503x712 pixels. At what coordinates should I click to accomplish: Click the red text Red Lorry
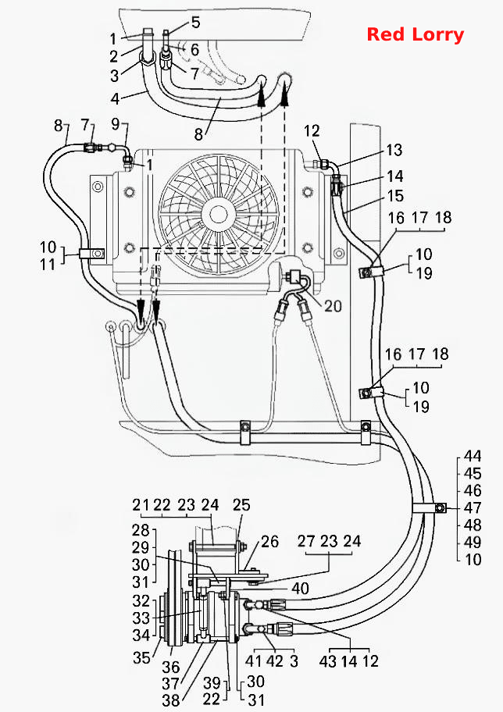[x=416, y=34]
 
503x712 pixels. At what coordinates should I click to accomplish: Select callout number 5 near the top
[x=196, y=22]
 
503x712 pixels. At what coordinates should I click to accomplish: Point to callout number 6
[x=195, y=49]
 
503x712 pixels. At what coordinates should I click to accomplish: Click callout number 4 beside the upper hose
[x=115, y=98]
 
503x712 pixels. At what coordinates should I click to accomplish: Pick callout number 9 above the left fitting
[x=116, y=123]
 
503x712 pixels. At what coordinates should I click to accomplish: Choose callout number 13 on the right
[x=394, y=150]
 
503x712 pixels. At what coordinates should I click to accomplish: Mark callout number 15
[x=395, y=196]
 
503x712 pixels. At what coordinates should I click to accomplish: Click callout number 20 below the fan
[x=333, y=305]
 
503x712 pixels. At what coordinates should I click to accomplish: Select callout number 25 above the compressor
[x=241, y=505]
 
